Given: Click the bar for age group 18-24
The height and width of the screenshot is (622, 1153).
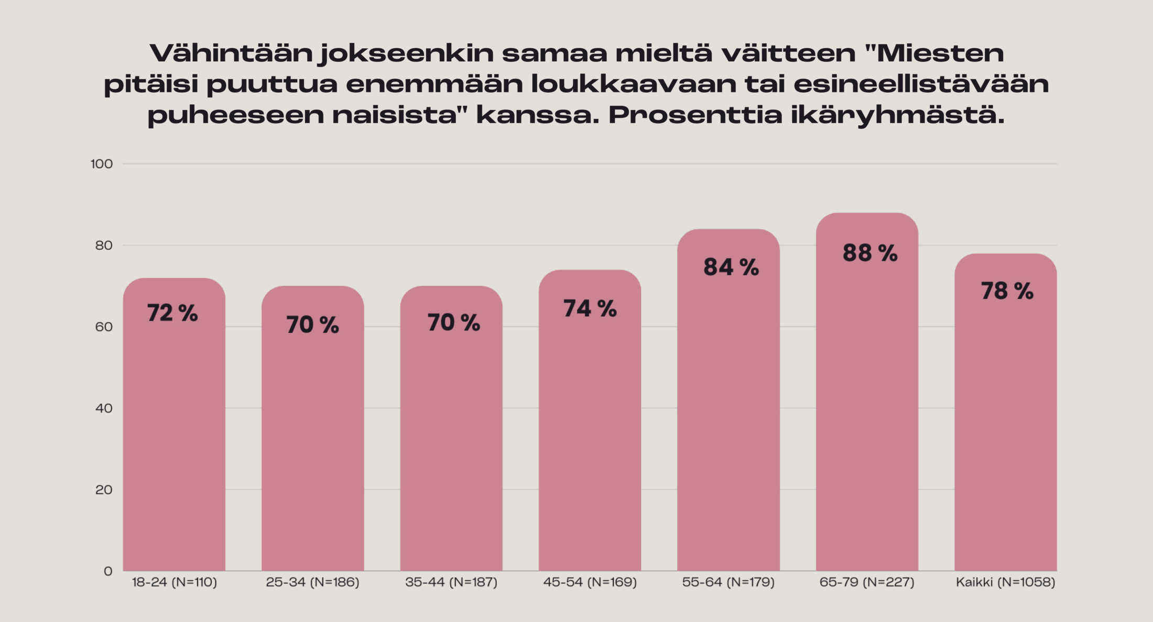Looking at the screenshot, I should tap(174, 429).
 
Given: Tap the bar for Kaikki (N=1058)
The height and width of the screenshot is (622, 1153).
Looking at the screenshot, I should tap(1005, 419).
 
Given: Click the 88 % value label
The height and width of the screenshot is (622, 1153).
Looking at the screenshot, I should tap(870, 253).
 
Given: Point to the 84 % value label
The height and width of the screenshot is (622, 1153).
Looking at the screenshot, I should tap(731, 268).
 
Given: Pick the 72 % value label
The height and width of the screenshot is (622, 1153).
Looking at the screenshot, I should tap(172, 313).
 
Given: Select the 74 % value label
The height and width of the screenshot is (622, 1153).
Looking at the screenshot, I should tap(590, 309).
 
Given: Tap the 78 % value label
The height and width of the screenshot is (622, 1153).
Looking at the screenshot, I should tap(1007, 291).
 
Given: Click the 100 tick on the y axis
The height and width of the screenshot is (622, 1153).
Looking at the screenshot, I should tap(102, 164).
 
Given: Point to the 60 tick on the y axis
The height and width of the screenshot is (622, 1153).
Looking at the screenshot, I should tap(104, 327).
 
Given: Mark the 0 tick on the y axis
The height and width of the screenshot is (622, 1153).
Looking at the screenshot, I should tap(108, 571).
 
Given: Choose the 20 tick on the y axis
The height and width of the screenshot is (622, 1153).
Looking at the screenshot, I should tap(104, 490).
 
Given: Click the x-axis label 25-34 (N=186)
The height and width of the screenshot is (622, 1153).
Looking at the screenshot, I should tap(312, 582).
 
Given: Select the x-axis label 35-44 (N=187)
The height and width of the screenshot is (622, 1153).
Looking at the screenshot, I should tap(451, 582).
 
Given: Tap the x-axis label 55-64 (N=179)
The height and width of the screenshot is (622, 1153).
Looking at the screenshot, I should tap(728, 582).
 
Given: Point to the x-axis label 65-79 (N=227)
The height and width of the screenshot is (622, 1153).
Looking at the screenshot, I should tap(867, 582).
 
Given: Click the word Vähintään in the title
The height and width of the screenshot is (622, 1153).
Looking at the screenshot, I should tap(231, 53).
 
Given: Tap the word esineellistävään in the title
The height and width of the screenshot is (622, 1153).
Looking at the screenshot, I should tap(921, 84).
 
